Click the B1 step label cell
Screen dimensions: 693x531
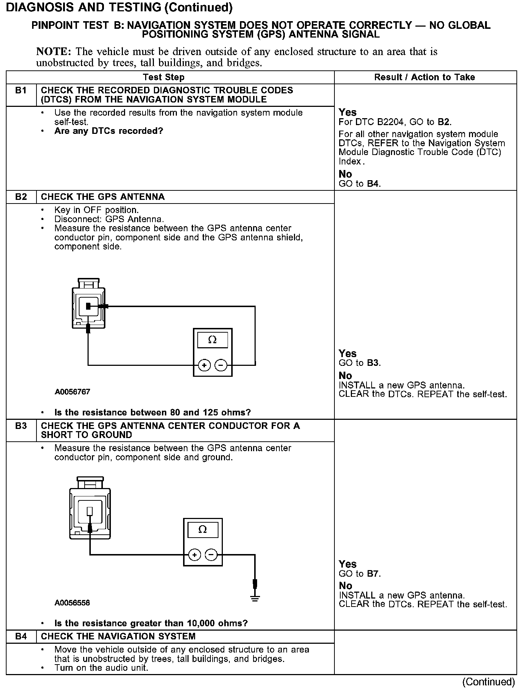[21, 90]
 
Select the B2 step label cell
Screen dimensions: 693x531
[21, 197]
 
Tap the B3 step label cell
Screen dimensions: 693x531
[21, 426]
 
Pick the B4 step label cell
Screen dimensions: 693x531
[21, 636]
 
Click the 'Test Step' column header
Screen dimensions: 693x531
[163, 77]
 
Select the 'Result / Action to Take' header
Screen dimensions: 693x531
[425, 77]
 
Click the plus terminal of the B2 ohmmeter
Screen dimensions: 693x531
[204, 365]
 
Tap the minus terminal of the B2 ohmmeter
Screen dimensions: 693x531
[221, 365]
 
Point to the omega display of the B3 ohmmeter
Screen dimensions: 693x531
[202, 530]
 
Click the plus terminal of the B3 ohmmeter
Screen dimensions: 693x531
[194, 555]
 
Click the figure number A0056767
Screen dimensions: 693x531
[72, 392]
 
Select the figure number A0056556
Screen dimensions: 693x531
[72, 603]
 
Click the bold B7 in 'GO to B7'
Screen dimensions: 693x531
[373, 574]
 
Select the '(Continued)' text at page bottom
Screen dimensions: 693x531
[488, 682]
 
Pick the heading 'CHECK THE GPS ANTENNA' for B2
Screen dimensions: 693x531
[103, 197]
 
